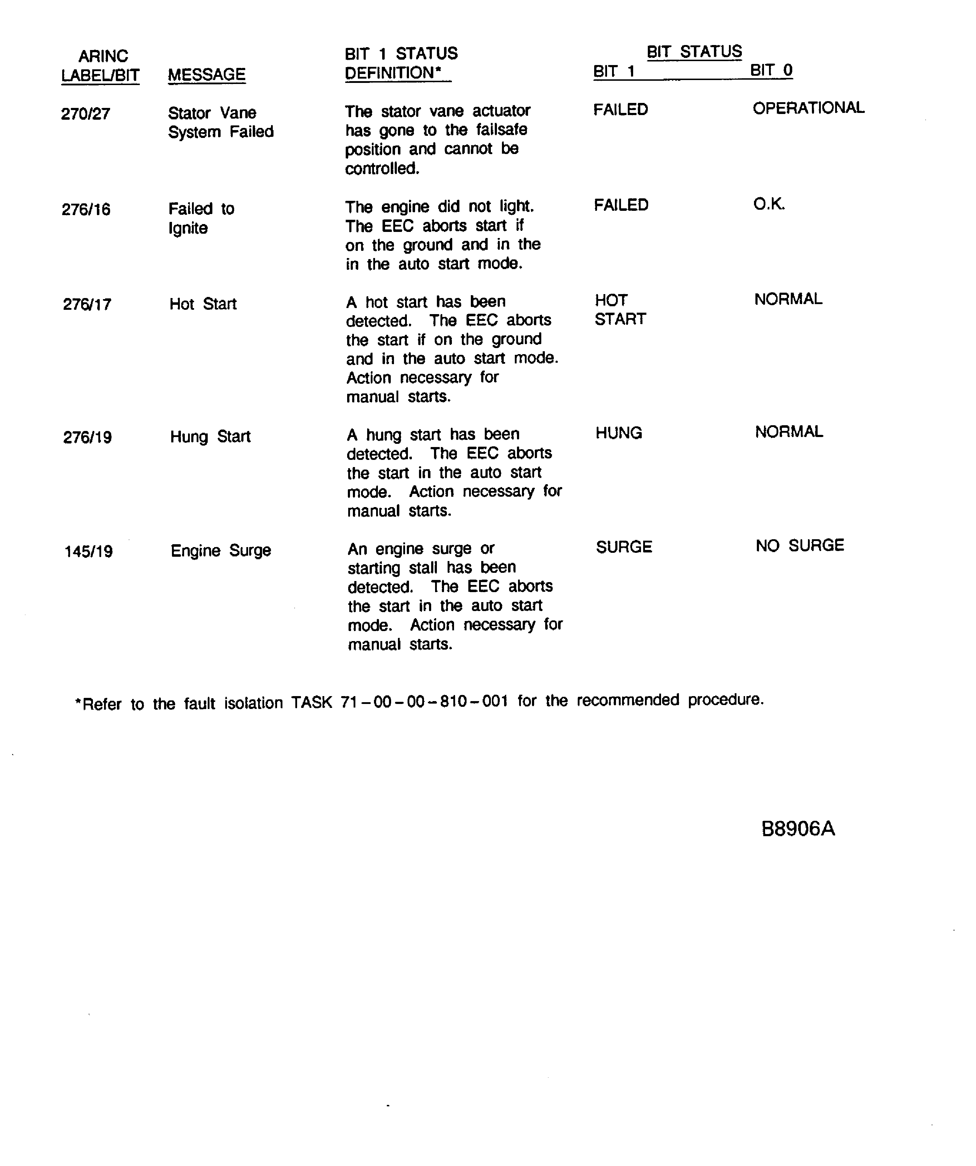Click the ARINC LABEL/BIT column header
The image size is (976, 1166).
click(x=100, y=65)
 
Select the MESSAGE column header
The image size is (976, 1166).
click(x=207, y=74)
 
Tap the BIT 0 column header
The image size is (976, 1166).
click(x=771, y=70)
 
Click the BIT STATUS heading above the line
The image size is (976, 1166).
click(x=694, y=52)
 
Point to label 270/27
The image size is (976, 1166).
click(x=85, y=114)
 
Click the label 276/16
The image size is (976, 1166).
click(x=86, y=209)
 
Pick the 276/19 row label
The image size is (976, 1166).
click(x=87, y=437)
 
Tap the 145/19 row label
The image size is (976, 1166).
click(x=88, y=551)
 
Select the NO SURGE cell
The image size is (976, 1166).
click(x=799, y=545)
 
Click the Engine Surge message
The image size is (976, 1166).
click(x=221, y=550)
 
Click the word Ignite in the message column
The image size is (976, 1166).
click(x=188, y=228)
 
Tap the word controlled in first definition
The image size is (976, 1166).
click(x=381, y=168)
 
